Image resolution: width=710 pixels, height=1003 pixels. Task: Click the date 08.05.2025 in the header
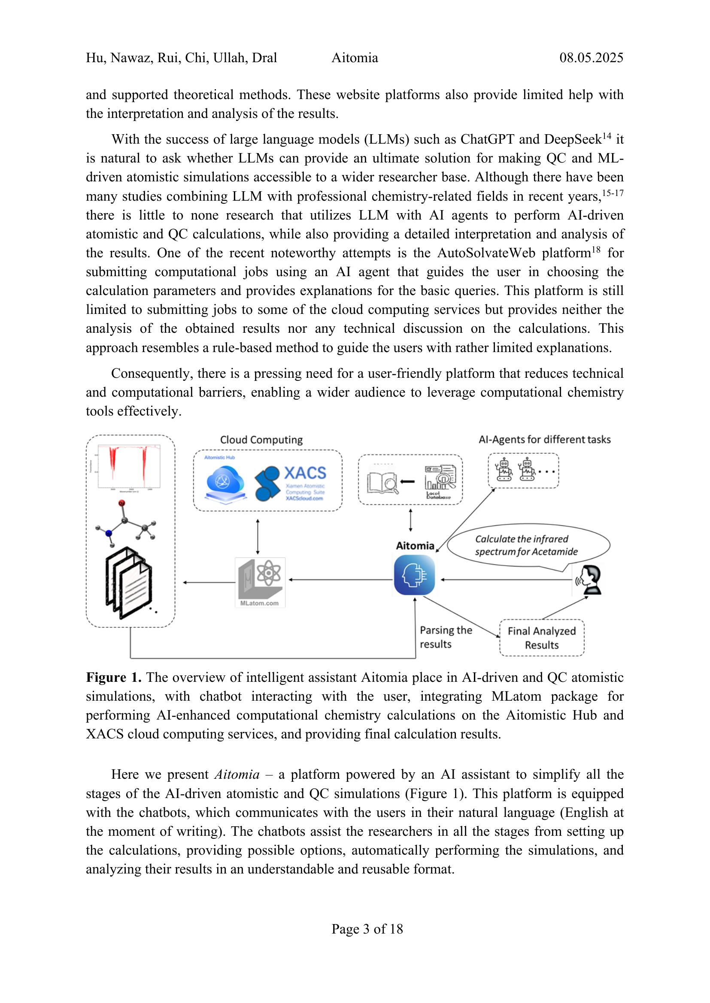[x=591, y=57]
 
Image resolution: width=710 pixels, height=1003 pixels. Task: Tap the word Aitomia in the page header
[x=355, y=57]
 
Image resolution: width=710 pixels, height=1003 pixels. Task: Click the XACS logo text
[x=305, y=473]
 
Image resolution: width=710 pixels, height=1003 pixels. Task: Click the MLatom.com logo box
[x=260, y=582]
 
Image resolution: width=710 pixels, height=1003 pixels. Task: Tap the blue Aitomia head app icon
[x=415, y=575]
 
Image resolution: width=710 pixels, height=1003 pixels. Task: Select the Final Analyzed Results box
[x=541, y=638]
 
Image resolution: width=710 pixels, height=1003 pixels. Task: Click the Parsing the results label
[x=445, y=636]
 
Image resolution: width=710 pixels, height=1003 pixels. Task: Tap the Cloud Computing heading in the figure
[x=261, y=440]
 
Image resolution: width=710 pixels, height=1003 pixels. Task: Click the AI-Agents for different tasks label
[x=544, y=440]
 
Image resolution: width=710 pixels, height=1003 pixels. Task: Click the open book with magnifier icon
[x=382, y=482]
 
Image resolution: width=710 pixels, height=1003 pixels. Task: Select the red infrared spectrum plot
[x=128, y=466]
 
